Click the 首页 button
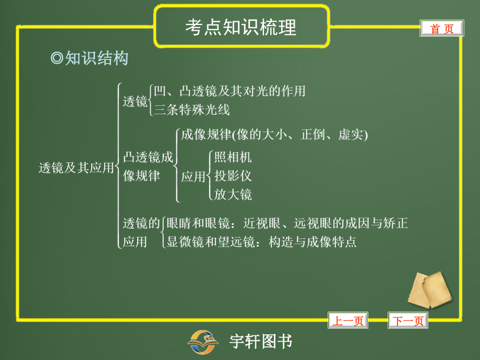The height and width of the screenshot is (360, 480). click(x=441, y=29)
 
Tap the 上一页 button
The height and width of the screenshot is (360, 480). click(x=347, y=321)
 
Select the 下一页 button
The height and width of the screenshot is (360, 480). click(x=407, y=321)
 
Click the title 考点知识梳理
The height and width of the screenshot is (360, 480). click(x=241, y=27)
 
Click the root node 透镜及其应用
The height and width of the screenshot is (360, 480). click(x=76, y=167)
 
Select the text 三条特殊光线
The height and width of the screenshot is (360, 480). click(x=192, y=110)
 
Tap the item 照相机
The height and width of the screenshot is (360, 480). click(x=233, y=157)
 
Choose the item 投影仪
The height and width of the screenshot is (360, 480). click(x=233, y=176)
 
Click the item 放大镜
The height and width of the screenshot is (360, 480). click(x=233, y=195)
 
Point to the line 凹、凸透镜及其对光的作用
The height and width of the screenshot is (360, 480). click(x=230, y=91)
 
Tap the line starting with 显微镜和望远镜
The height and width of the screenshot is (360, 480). click(x=261, y=242)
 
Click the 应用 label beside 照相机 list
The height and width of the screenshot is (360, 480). click(x=193, y=177)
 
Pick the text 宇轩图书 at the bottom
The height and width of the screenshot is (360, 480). click(x=261, y=342)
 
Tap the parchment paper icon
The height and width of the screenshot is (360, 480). click(x=429, y=290)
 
